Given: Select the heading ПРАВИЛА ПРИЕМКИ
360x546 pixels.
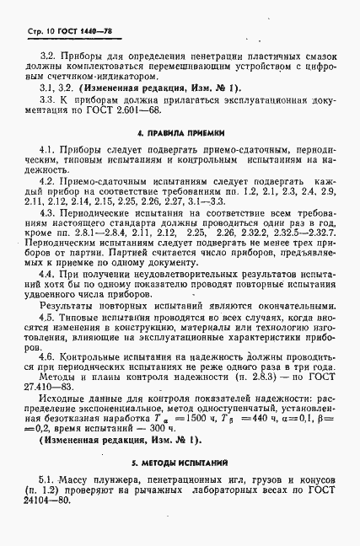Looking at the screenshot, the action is click(180, 133).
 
